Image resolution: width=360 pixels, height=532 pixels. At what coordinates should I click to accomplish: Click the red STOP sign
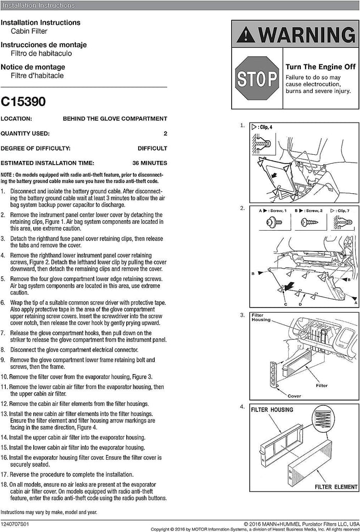pyautogui.click(x=257, y=79)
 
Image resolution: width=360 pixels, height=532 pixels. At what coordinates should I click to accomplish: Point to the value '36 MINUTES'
pyautogui.click(x=150, y=163)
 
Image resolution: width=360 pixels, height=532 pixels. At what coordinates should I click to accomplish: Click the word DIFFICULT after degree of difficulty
pyautogui.click(x=152, y=148)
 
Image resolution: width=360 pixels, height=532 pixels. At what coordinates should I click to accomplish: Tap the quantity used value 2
pyautogui.click(x=165, y=134)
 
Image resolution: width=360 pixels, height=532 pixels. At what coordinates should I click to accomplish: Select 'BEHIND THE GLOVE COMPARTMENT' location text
pyautogui.click(x=115, y=118)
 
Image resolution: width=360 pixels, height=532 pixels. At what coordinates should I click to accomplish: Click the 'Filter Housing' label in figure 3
pyautogui.click(x=261, y=317)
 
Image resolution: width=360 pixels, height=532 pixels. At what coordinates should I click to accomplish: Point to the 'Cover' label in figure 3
pyautogui.click(x=294, y=396)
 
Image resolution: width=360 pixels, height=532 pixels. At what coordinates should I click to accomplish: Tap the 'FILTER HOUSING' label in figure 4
pyautogui.click(x=272, y=410)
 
